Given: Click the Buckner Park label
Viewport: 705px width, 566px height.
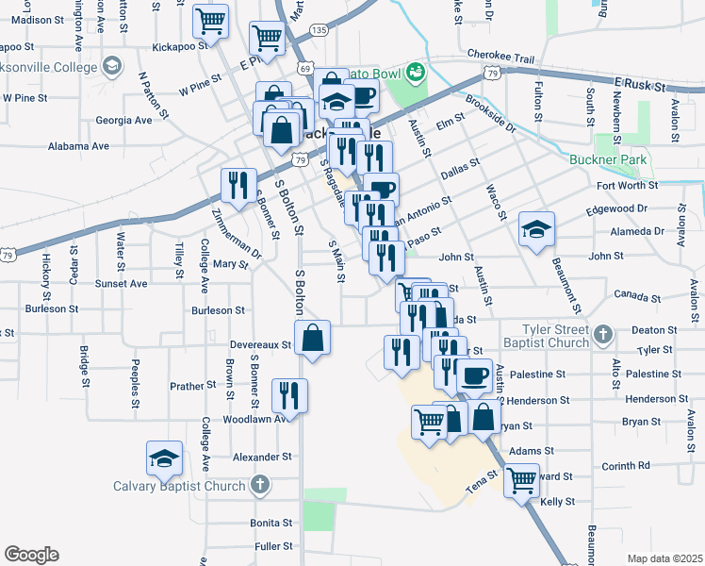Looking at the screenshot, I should pos(608,159).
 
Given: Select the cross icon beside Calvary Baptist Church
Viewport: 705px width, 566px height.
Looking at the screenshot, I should pos(260,486).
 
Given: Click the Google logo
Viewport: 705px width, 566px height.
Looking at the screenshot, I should pos(31,554).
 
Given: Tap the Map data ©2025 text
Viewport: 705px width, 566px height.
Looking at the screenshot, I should pos(665,558).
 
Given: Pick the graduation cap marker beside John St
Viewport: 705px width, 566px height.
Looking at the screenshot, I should pos(536,229).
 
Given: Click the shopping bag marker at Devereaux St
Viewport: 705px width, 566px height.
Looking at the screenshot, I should pos(312,338).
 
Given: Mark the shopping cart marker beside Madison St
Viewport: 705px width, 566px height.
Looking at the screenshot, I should pos(210,21).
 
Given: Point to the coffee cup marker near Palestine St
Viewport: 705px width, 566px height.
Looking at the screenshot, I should pos(474,375).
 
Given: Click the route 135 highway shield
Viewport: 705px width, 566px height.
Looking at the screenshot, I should pos(320,30).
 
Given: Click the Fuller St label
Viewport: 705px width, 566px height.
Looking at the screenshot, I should pos(272,546).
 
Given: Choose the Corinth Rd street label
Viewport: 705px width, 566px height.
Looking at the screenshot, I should pos(626,465).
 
